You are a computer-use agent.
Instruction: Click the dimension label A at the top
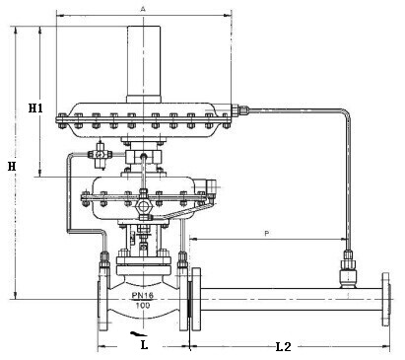143,9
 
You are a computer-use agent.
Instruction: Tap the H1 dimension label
35,108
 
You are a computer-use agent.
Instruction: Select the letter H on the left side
12,167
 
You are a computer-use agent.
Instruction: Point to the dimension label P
267,233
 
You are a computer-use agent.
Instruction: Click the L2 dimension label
283,346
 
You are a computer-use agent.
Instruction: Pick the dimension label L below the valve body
144,344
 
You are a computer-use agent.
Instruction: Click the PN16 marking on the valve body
143,295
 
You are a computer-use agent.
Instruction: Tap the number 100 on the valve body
143,305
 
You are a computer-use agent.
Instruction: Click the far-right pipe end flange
385,299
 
